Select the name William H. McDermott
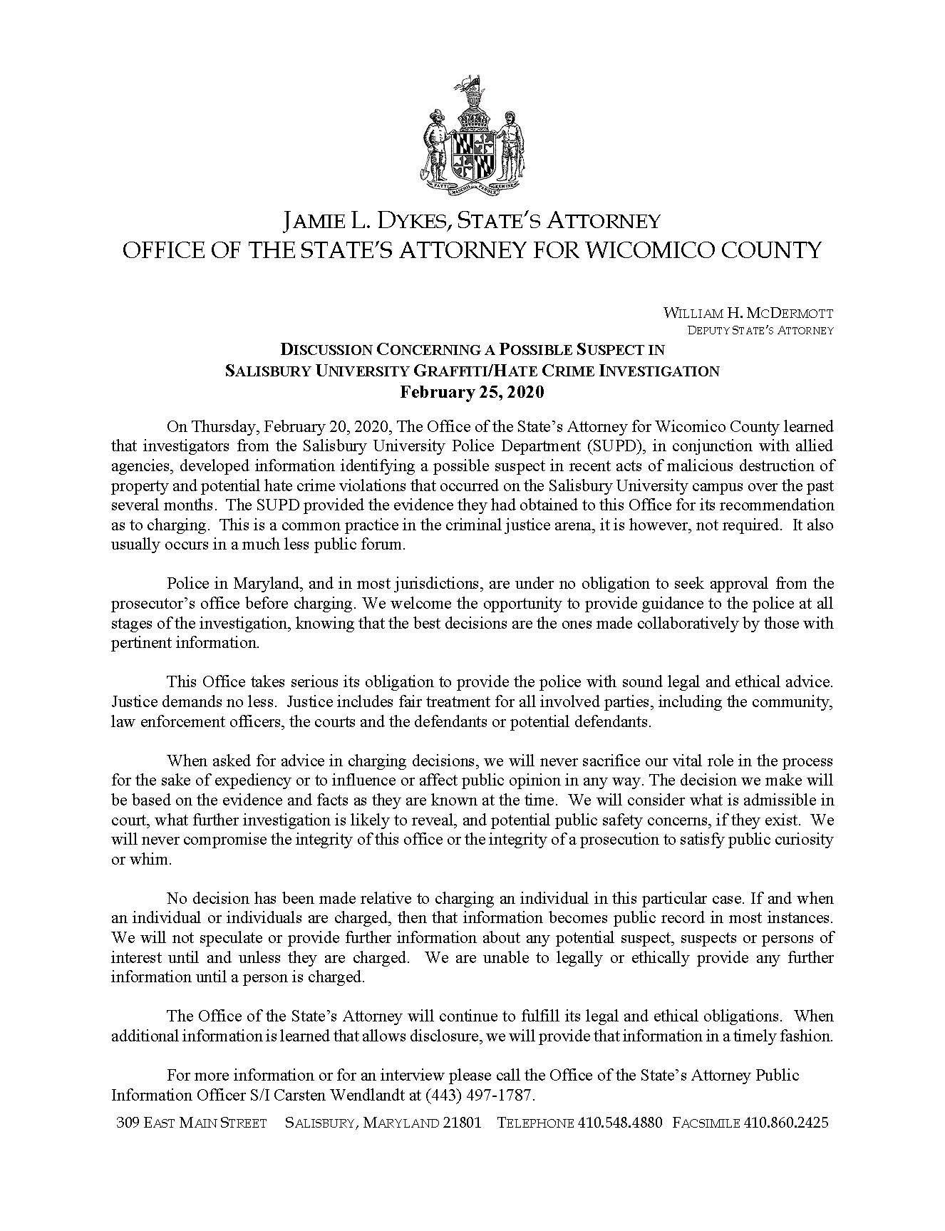pyautogui.click(x=748, y=313)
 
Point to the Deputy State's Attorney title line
pyautogui.click(x=760, y=330)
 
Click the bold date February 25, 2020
pyautogui.click(x=472, y=392)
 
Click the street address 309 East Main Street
pyautogui.click(x=191, y=1123)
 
